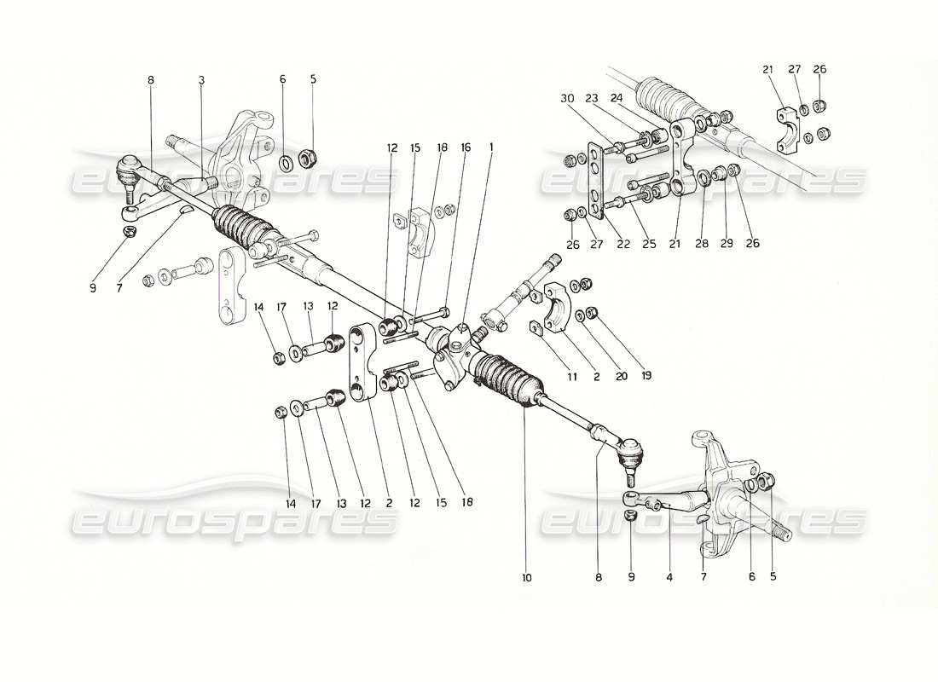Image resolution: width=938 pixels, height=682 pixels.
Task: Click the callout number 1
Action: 491,147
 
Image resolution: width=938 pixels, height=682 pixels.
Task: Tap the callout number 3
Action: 201,80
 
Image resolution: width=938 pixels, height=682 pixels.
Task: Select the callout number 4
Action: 669,577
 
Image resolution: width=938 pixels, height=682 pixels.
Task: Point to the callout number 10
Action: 526,578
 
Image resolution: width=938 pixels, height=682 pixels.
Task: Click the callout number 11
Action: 573,376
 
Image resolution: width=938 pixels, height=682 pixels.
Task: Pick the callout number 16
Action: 466,147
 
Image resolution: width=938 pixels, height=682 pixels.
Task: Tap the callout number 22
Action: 623,244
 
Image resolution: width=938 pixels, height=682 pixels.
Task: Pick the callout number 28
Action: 701,244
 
